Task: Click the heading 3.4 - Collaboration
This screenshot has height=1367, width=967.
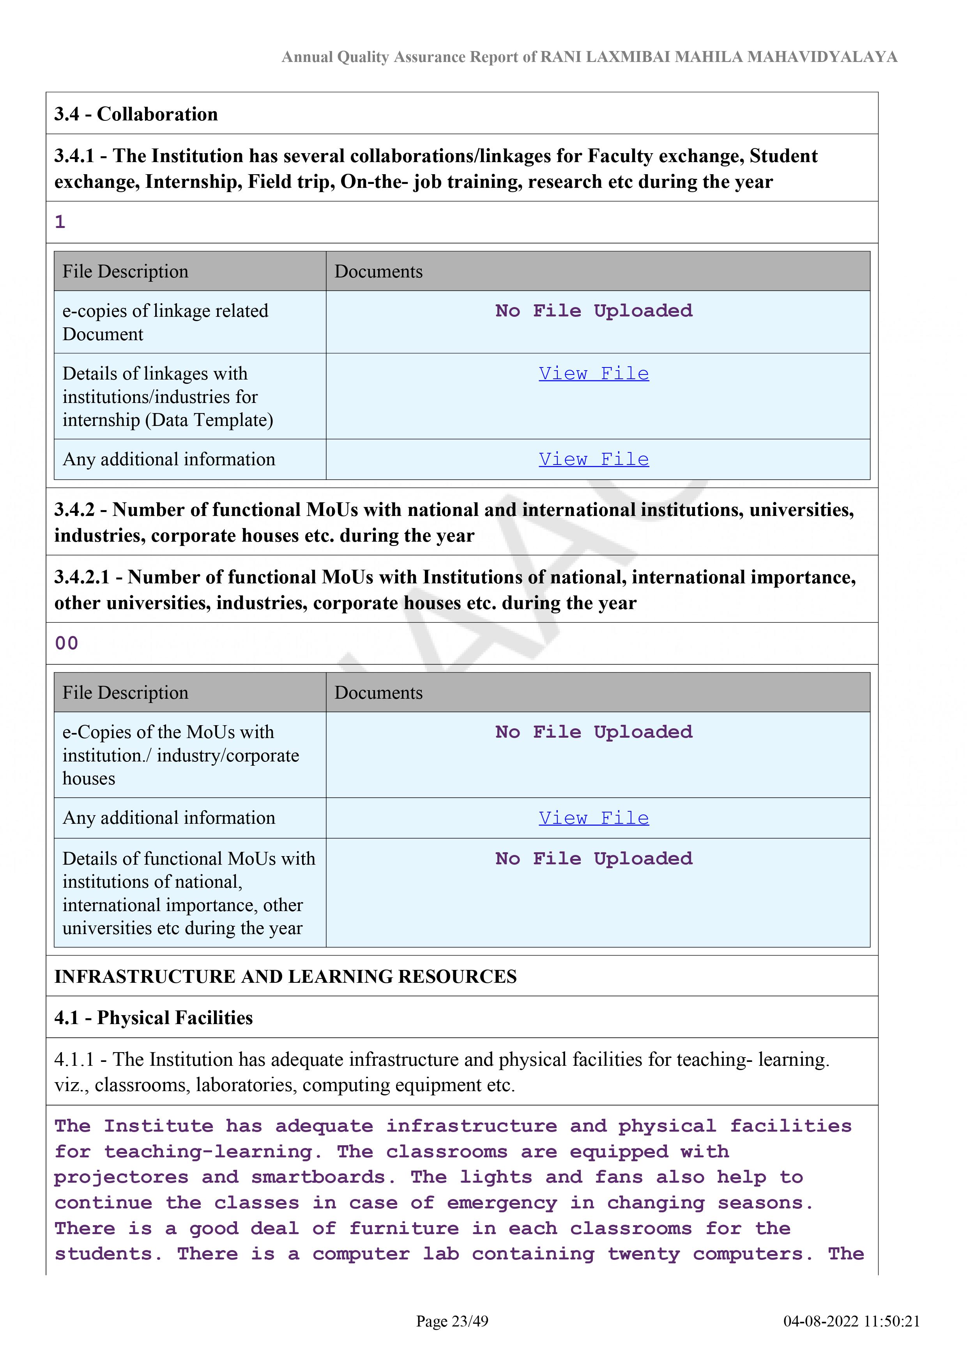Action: (136, 114)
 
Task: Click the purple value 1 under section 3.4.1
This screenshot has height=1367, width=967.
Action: (60, 222)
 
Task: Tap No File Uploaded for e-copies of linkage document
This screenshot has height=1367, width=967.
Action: (594, 311)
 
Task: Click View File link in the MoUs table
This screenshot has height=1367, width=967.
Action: (594, 818)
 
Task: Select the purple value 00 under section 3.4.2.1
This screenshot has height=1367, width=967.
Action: (67, 643)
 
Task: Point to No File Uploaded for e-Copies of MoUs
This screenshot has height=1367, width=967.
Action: (594, 732)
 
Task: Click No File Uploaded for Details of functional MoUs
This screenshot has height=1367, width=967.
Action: (594, 858)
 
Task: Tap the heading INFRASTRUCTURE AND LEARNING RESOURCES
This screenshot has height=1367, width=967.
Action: (285, 977)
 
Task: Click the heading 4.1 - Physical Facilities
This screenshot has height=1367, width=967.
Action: (154, 1017)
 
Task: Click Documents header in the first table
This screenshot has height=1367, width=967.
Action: (379, 272)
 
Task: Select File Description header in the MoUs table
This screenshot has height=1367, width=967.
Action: (125, 692)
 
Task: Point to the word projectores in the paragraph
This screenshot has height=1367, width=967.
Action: (121, 1177)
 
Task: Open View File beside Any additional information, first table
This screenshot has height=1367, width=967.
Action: (594, 459)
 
